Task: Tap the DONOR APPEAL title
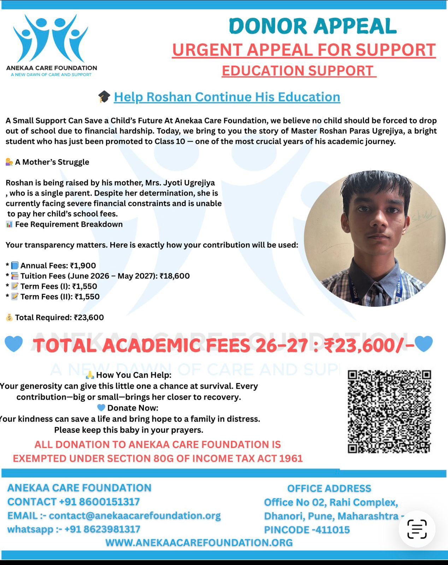pyautogui.click(x=313, y=26)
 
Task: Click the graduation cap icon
pyautogui.click(x=104, y=97)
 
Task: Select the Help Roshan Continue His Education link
pyautogui.click(x=227, y=97)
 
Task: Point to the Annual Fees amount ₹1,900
pyautogui.click(x=83, y=266)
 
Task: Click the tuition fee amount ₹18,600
pyautogui.click(x=175, y=276)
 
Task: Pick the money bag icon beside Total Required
pyautogui.click(x=9, y=317)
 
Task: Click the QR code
pyautogui.click(x=389, y=411)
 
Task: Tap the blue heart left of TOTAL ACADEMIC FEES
pyautogui.click(x=14, y=344)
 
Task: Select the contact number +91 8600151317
pyautogui.click(x=99, y=501)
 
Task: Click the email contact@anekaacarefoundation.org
pyautogui.click(x=135, y=516)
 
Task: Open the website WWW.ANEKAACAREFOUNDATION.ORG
pyautogui.click(x=199, y=542)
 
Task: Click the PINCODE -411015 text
pyautogui.click(x=307, y=530)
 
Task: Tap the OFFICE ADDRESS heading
pyautogui.click(x=329, y=488)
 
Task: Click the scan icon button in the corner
pyautogui.click(x=417, y=529)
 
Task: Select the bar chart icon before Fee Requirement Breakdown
pyautogui.click(x=9, y=224)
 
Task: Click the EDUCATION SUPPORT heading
pyautogui.click(x=299, y=71)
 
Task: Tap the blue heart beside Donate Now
pyautogui.click(x=101, y=408)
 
